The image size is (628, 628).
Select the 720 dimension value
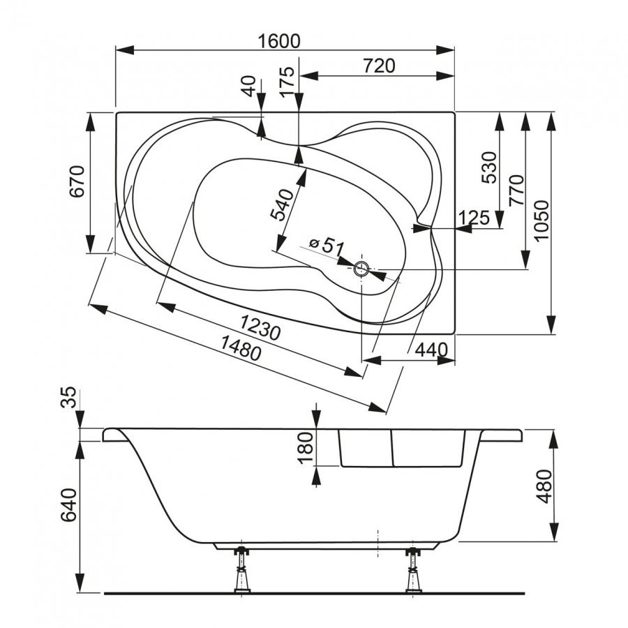[x=379, y=66]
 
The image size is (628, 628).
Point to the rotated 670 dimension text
[x=77, y=182]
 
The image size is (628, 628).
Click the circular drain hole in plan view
[x=361, y=269]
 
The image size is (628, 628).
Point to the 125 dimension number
[x=474, y=218]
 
